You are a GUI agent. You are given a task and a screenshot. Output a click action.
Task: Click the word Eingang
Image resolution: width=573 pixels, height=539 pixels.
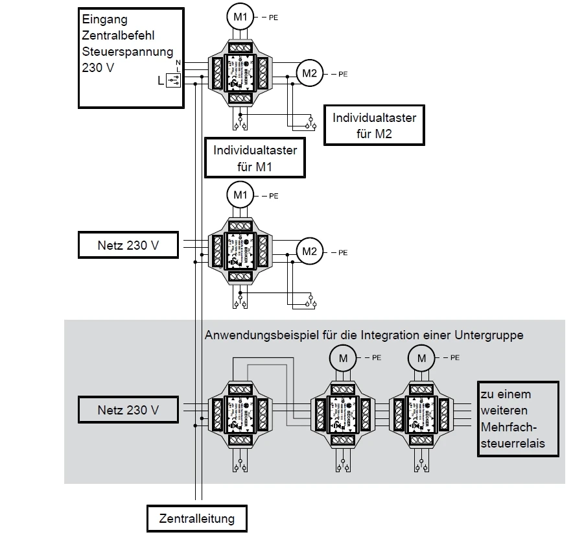pos(104,20)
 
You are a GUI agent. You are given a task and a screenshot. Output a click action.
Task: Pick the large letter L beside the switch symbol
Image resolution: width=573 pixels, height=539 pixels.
pos(160,80)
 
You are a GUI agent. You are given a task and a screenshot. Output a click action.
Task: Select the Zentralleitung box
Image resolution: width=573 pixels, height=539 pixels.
pos(196,519)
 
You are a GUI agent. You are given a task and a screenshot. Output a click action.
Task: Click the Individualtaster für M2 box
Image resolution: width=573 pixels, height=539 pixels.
pos(374,126)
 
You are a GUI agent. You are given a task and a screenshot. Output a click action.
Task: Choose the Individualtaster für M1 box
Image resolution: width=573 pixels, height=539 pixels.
pos(255,158)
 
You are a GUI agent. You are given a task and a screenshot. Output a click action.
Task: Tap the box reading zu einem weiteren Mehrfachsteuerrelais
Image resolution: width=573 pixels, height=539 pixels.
pos(518,418)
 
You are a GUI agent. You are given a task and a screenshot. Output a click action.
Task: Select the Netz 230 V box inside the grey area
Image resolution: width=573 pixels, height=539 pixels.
pos(128,411)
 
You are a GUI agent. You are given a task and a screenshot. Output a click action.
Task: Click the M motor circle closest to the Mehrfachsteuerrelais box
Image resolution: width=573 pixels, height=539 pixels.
pos(421,357)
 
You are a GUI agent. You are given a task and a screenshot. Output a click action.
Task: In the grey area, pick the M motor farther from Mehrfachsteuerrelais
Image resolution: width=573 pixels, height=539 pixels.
pos(343,357)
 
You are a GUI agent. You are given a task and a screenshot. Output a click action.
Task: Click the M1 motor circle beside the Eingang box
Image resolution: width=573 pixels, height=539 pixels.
pos(241,18)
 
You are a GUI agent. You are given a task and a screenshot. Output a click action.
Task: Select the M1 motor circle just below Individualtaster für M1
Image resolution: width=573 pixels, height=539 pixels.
pos(241,195)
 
